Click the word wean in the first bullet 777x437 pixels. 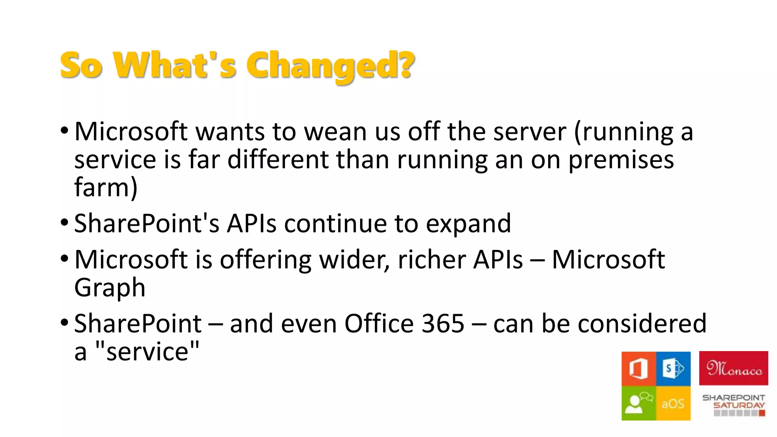click(x=335, y=132)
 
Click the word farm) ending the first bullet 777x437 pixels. click(x=105, y=187)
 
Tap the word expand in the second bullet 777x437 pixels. click(x=468, y=224)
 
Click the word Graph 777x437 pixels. click(x=110, y=288)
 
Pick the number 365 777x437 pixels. click(x=443, y=324)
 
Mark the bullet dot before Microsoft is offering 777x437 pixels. click(x=64, y=259)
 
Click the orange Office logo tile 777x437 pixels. click(x=639, y=369)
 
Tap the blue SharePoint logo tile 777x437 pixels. click(x=673, y=369)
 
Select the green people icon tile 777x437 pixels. click(x=639, y=403)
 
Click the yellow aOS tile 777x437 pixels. click(x=673, y=403)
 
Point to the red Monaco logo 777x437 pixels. click(x=733, y=368)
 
